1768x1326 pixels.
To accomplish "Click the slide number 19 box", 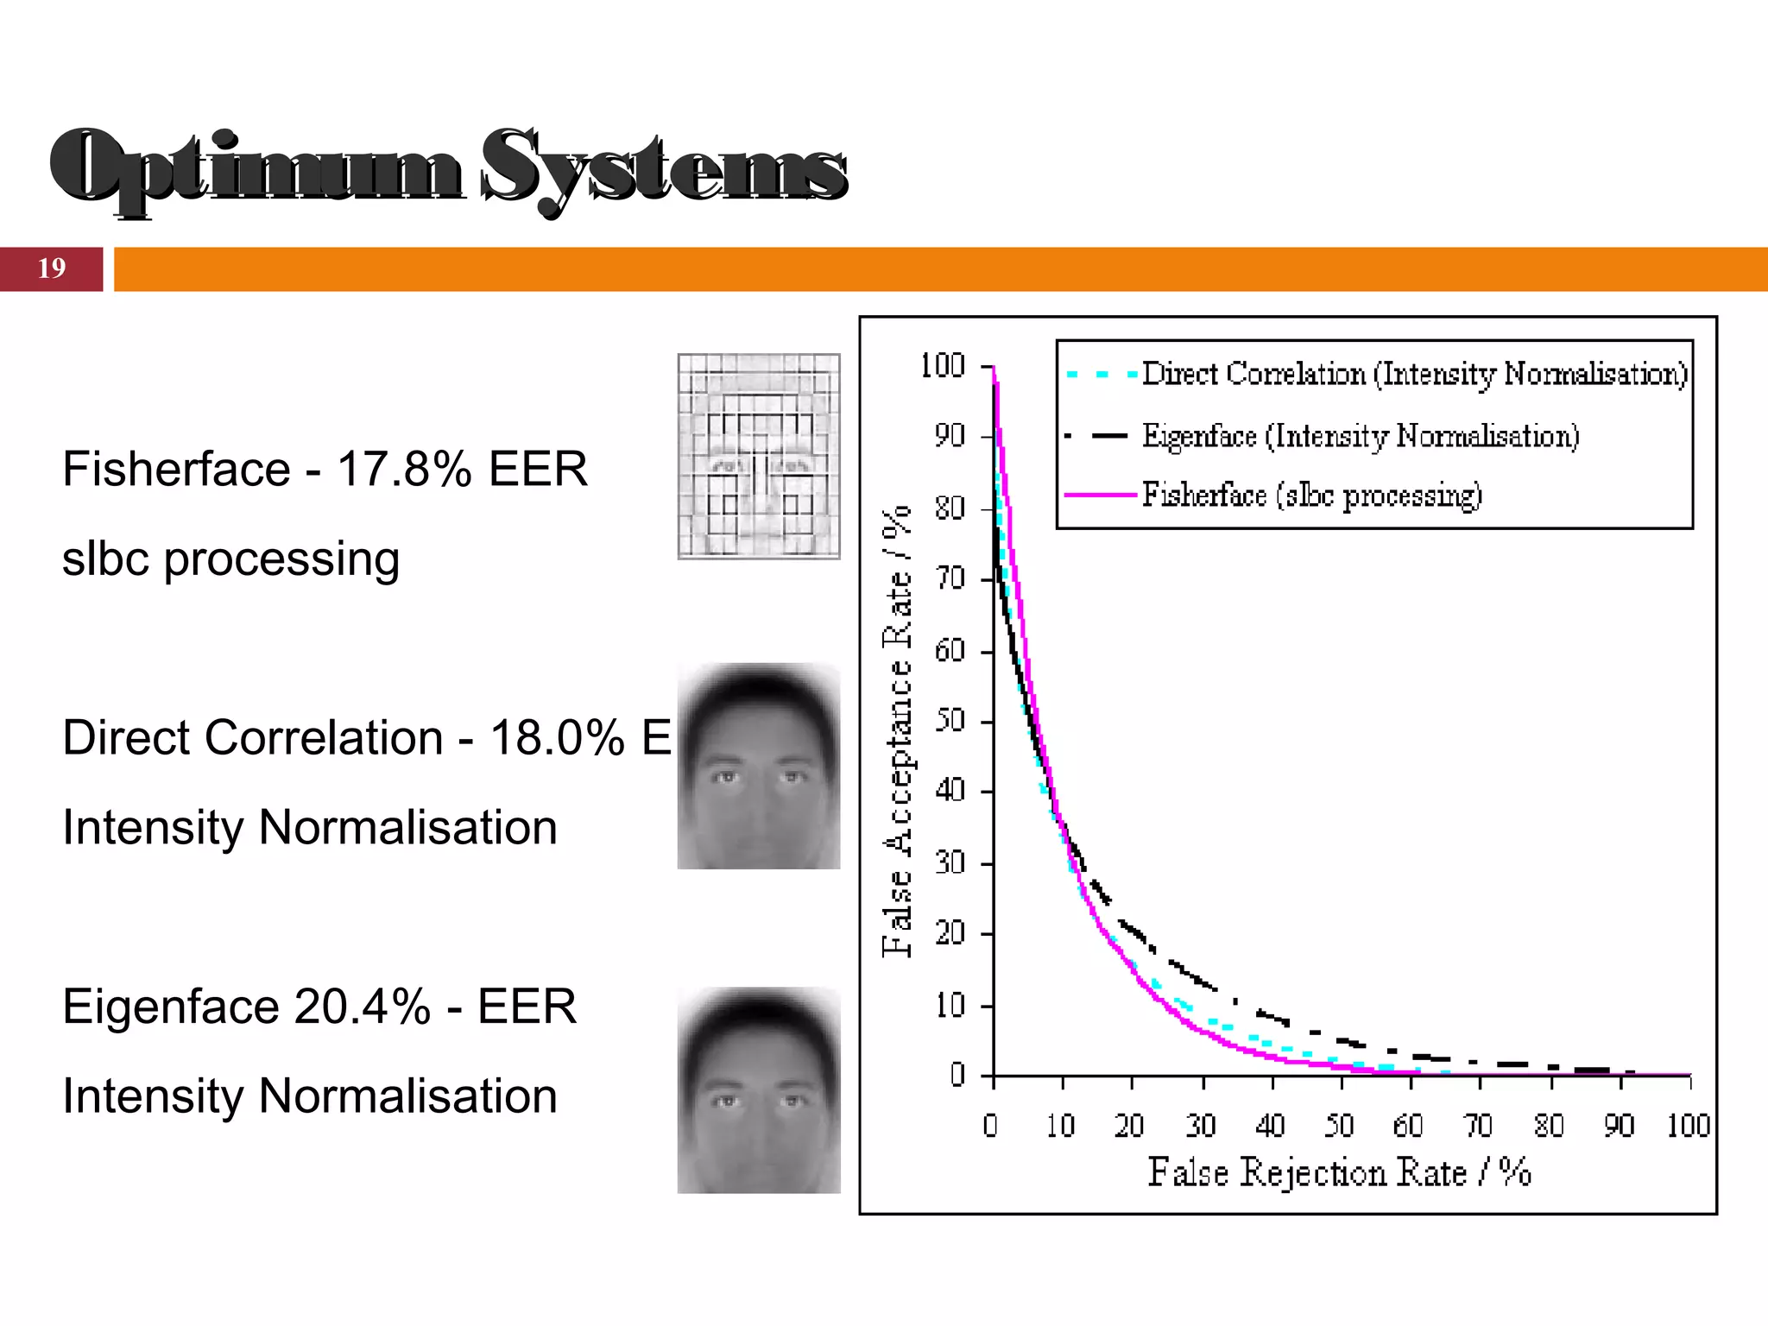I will coord(51,268).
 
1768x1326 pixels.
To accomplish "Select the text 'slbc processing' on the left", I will coord(230,559).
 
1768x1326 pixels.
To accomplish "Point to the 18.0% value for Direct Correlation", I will coord(558,738).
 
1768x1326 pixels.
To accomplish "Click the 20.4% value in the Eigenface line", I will coord(362,1007).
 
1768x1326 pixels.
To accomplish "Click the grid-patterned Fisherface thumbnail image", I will coord(758,456).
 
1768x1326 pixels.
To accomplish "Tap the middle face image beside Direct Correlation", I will coord(758,766).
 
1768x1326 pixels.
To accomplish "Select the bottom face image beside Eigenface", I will coord(758,1090).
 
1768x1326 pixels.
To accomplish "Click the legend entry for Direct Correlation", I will coord(1413,374).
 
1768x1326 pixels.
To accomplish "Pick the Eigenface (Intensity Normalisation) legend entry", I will coord(1360,436).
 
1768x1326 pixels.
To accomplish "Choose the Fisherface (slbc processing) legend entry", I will coord(1310,496).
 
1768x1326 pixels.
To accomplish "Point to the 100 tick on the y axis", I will coord(942,366).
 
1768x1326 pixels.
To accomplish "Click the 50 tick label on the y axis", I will coord(949,720).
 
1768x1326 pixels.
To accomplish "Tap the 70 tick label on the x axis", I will coord(1479,1126).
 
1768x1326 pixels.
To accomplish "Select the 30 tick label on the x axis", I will coord(1201,1126).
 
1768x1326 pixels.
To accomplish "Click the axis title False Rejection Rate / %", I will coord(1339,1172).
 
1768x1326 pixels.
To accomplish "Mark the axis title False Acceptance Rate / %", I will coord(897,730).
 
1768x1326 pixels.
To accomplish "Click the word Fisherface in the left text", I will coord(176,470).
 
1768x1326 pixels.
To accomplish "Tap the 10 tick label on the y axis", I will coord(949,1006).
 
